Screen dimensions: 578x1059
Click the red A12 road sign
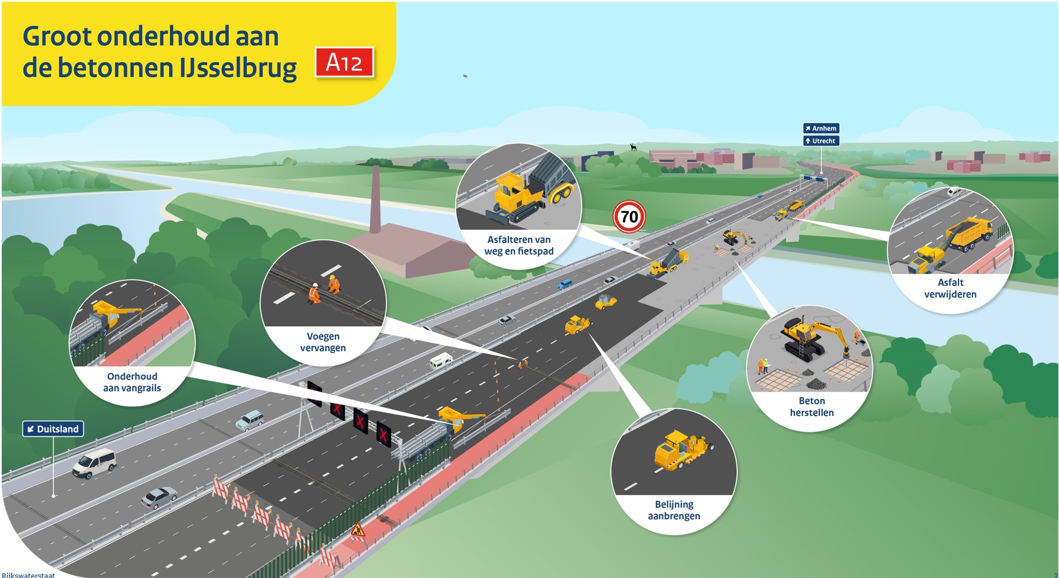(344, 62)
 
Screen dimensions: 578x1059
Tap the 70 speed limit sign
(629, 217)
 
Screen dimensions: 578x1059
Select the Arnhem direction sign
(821, 128)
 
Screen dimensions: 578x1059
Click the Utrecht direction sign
(821, 141)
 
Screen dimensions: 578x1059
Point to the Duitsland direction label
(53, 429)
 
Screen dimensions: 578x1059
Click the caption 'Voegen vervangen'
(323, 342)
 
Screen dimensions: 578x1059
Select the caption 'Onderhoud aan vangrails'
(132, 382)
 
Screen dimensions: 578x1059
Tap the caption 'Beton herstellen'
(811, 407)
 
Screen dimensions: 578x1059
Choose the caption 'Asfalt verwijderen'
(950, 288)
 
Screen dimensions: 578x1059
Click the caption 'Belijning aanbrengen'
(674, 510)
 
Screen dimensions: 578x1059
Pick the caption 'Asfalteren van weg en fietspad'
(519, 246)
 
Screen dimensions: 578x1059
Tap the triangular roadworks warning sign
(358, 529)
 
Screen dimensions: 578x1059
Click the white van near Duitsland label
(95, 462)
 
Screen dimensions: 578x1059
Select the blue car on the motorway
(565, 284)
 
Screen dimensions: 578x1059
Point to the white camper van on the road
(441, 361)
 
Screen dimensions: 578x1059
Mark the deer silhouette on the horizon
(633, 147)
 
